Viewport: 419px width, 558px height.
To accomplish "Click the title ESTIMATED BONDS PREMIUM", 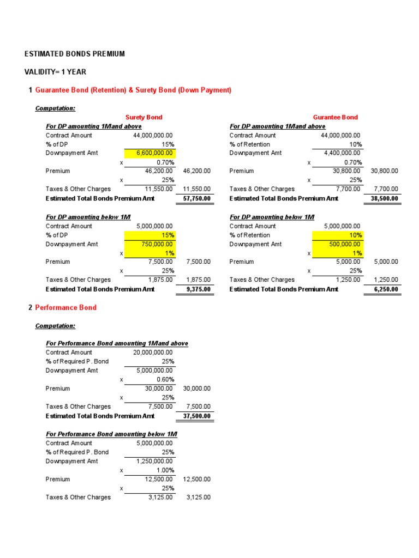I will tap(75, 54).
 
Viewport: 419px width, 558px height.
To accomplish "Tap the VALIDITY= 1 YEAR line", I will tap(55, 72).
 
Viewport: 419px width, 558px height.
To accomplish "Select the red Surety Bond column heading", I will tap(144, 117).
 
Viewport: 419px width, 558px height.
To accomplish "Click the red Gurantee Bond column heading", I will tap(335, 117).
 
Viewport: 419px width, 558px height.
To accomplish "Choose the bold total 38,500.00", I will tap(383, 198).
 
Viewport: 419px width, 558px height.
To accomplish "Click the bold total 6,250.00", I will tap(385, 289).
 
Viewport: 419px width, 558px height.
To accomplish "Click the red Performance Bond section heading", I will tap(66, 307).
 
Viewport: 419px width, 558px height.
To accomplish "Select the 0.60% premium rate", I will tap(165, 379).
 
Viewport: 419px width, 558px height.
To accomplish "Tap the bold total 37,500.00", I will tap(195, 416).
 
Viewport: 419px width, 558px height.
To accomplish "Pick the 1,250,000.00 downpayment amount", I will tap(155, 461).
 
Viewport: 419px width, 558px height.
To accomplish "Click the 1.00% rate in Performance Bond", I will tap(165, 470).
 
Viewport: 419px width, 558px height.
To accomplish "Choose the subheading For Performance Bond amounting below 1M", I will tap(112, 434).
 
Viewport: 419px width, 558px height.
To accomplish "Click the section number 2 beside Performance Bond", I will tap(30, 307).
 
